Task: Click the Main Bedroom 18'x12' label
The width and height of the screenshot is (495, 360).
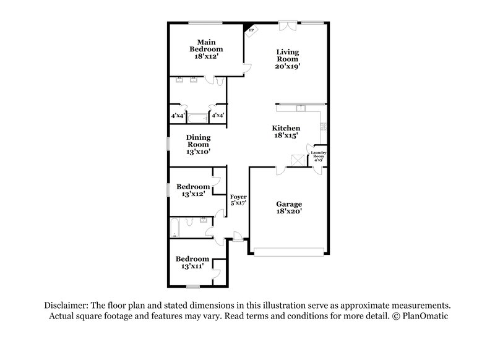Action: pos(206,49)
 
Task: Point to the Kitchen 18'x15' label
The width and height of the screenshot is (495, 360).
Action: pos(286,132)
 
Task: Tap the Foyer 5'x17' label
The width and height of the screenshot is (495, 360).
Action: pos(238,200)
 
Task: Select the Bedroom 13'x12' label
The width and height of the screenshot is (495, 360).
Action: pos(192,190)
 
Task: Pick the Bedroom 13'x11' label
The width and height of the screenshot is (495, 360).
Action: pos(192,262)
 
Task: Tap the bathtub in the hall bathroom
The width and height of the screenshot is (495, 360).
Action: pos(174,228)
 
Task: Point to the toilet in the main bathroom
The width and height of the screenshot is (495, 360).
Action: pos(211,80)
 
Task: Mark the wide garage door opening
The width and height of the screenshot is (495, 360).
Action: pos(288,252)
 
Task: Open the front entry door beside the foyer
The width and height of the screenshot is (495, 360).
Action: pos(237,236)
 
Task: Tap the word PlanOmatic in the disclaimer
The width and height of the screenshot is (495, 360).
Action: pos(421,315)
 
